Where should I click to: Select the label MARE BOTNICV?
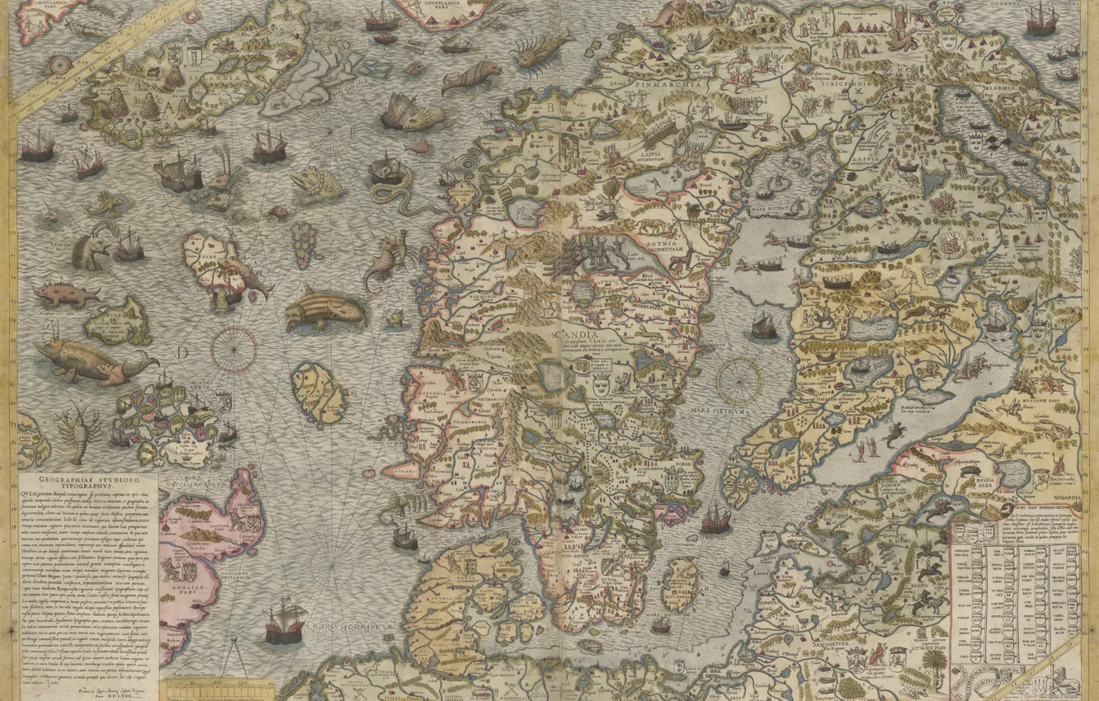click(766, 209)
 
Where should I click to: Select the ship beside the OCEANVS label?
click(1041, 18)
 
